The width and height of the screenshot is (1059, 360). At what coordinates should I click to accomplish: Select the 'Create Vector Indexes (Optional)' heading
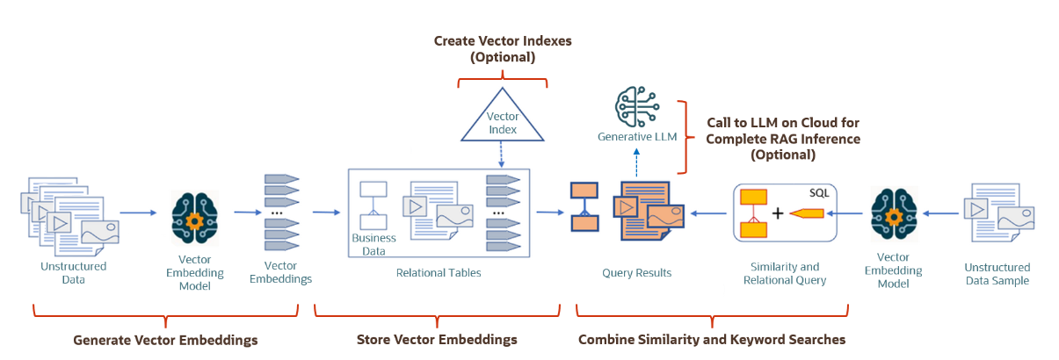tap(502, 49)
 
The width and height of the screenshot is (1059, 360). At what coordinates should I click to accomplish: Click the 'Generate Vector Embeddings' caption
tap(165, 339)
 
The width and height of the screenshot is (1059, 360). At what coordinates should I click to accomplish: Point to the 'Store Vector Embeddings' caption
tap(437, 339)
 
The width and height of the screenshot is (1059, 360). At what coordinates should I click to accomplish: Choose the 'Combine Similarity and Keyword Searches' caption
tap(712, 339)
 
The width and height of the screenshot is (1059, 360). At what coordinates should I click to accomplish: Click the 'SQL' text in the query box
tap(818, 192)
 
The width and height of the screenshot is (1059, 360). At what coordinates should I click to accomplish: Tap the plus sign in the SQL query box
tap(777, 213)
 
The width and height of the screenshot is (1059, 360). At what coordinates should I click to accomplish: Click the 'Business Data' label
tap(374, 243)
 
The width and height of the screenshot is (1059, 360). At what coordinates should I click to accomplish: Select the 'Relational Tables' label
tap(439, 272)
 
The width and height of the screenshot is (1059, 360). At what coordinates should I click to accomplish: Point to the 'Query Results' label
tap(636, 272)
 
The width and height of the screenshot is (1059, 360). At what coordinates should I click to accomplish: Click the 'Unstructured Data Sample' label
tap(997, 274)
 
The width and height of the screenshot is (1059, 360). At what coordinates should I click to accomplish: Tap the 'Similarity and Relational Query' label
tap(784, 273)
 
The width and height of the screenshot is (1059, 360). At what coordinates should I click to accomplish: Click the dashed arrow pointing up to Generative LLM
tap(636, 162)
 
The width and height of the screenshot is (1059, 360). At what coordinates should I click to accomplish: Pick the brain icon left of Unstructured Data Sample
tap(894, 213)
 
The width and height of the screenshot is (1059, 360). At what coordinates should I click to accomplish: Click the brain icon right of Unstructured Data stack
tap(194, 213)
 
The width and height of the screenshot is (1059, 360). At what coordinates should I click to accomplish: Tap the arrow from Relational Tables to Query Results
tap(550, 212)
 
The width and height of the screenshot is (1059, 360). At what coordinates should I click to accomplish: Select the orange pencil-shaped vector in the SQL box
tap(808, 213)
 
